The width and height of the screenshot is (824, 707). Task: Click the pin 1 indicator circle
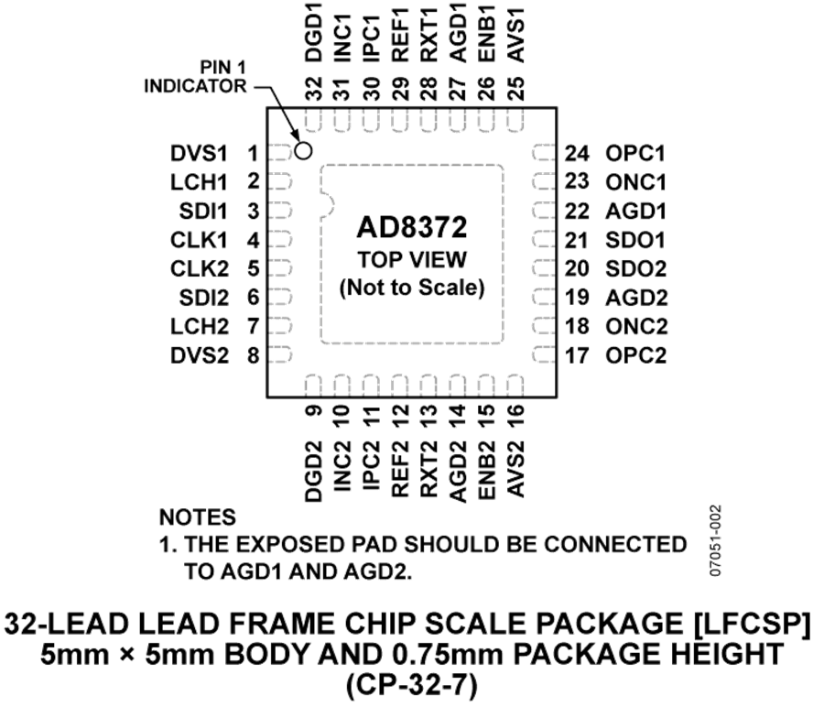pyautogui.click(x=303, y=151)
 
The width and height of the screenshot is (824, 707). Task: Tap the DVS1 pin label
pyautogui.click(x=200, y=154)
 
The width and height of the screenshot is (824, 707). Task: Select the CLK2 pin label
pyautogui.click(x=200, y=269)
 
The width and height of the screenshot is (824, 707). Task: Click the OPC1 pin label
pyautogui.click(x=635, y=154)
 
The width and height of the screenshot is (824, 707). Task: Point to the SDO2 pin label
pyautogui.click(x=636, y=269)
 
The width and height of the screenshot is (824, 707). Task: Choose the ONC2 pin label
pyautogui.click(x=636, y=326)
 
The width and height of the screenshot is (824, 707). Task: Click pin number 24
pyautogui.click(x=577, y=154)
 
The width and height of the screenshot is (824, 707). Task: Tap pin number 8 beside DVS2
pyautogui.click(x=254, y=356)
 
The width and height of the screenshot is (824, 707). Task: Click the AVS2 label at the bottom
pyautogui.click(x=516, y=470)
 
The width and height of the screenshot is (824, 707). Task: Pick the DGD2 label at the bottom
pyautogui.click(x=313, y=472)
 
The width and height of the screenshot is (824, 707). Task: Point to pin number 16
pyautogui.click(x=516, y=418)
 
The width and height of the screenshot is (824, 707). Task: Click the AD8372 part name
pyautogui.click(x=411, y=228)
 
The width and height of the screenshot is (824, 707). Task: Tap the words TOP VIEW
pyautogui.click(x=412, y=260)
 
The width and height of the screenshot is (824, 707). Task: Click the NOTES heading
pyautogui.click(x=198, y=517)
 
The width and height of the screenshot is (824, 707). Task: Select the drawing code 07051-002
pyautogui.click(x=715, y=541)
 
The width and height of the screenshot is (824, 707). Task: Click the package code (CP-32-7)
pyautogui.click(x=411, y=685)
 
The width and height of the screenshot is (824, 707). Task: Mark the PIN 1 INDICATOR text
pyautogui.click(x=195, y=77)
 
